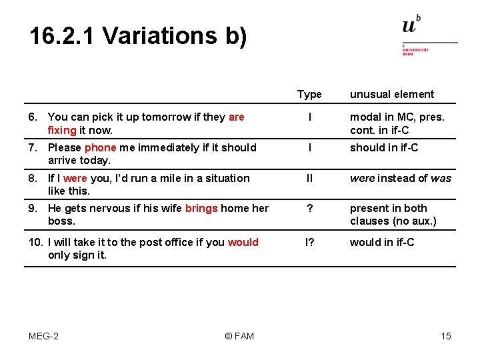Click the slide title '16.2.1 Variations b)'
point(138,35)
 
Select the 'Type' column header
point(309,95)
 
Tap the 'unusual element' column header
point(392,95)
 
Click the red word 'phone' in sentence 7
point(101,148)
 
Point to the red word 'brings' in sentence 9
point(201,209)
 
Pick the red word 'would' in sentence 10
point(243,243)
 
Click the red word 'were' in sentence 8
point(75,179)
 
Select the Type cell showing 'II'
point(309,179)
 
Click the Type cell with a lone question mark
point(309,209)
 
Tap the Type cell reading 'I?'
point(309,243)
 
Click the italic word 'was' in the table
point(441,179)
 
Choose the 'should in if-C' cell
point(384,148)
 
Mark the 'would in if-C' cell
point(382,243)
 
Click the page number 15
point(446,336)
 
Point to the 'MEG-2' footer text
point(43,336)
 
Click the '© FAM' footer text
point(239,336)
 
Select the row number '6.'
point(35,117)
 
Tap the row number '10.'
point(35,243)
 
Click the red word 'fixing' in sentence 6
point(62,130)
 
